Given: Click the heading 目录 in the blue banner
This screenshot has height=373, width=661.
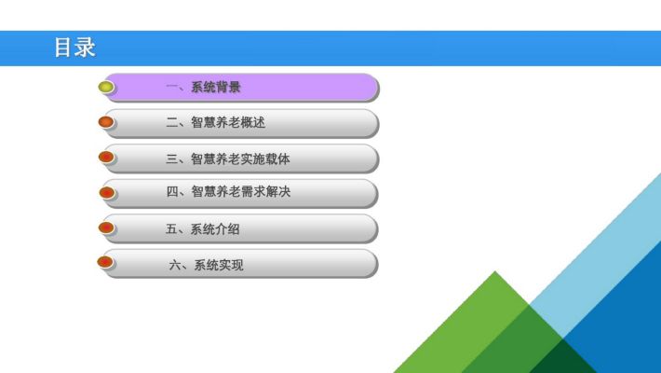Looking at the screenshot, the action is click(x=74, y=48).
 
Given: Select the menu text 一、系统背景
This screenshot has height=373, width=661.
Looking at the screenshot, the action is click(x=203, y=87).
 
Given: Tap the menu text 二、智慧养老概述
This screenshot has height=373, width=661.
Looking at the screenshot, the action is click(x=215, y=122).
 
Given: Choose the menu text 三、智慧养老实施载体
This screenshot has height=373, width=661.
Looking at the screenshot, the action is click(x=228, y=159).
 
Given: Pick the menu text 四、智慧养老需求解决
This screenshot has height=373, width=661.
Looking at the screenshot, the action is click(x=228, y=192).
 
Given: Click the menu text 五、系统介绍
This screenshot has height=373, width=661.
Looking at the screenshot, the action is click(x=203, y=229).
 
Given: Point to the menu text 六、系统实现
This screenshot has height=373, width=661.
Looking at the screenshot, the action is click(x=206, y=265).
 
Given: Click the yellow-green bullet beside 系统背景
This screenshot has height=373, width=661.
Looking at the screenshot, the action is click(x=106, y=87).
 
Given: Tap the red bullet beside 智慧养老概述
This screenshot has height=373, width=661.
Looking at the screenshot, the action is click(x=106, y=122).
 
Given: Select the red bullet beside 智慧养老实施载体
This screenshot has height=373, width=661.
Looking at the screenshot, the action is click(x=106, y=158).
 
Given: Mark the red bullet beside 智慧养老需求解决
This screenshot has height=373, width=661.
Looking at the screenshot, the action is click(x=107, y=193).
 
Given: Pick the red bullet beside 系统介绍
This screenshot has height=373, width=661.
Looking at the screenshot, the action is click(x=106, y=228).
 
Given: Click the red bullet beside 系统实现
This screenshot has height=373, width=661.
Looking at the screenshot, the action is click(x=105, y=262).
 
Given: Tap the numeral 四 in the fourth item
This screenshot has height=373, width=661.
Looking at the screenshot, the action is click(x=172, y=192).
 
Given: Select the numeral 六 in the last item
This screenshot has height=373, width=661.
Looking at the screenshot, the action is click(x=175, y=265).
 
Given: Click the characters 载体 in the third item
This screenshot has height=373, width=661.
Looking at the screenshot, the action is click(x=277, y=159).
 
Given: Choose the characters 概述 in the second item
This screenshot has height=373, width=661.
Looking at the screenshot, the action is click(x=253, y=122).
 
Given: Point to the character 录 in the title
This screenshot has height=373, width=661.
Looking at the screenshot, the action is click(x=86, y=48).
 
